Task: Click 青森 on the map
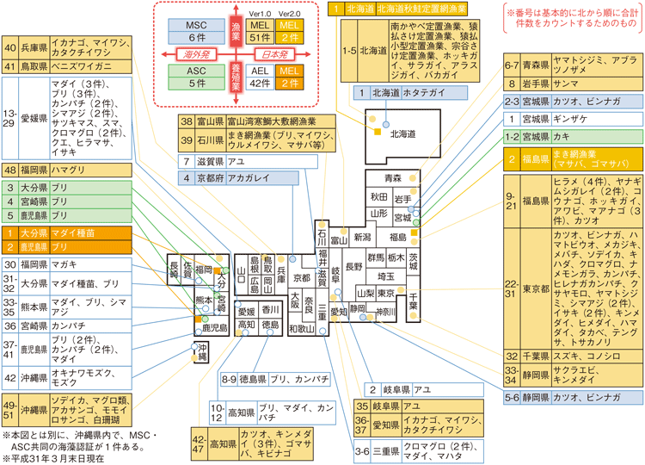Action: [x=393, y=177]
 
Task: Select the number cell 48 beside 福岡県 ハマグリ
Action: [x=11, y=170]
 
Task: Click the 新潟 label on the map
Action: [x=362, y=236]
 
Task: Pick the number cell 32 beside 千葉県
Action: [x=512, y=355]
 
